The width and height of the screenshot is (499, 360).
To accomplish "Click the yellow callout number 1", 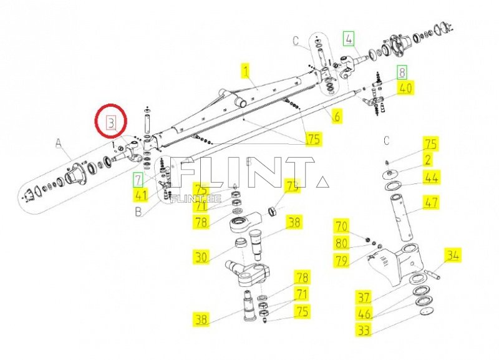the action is pos(246,71).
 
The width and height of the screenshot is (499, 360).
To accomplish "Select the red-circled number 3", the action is pos(111,123).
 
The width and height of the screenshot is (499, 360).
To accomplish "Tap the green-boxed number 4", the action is pos(349,39).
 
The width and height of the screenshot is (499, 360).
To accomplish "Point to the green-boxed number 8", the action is pos(402,73).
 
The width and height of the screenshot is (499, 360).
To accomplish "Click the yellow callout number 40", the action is pos(405,88).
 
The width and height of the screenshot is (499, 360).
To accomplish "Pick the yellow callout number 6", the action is pos(337,116).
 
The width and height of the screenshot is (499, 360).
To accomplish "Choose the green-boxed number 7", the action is pos(138,180).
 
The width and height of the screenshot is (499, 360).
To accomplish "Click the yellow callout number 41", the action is pos(141,195).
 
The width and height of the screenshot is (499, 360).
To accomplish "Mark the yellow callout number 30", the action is pos(201,256).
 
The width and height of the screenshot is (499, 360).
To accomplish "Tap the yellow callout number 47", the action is pos(431,202).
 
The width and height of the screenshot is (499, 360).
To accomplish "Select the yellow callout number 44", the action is pos(431,178).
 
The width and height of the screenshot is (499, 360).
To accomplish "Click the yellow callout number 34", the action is pos(453,255).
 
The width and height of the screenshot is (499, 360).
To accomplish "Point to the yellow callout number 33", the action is pos(364,330).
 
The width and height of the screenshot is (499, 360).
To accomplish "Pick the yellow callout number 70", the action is pos(342,226).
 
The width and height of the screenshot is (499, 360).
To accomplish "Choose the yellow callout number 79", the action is pos(342,261).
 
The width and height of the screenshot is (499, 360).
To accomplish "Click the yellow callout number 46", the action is pos(364,314).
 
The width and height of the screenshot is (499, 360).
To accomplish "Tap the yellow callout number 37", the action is pos(364,298).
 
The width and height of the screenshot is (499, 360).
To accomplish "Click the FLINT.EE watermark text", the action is pos(196,199).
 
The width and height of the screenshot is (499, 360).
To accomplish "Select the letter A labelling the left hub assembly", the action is pos(59,144).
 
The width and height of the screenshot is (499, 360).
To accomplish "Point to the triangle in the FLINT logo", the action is pos(322,182).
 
